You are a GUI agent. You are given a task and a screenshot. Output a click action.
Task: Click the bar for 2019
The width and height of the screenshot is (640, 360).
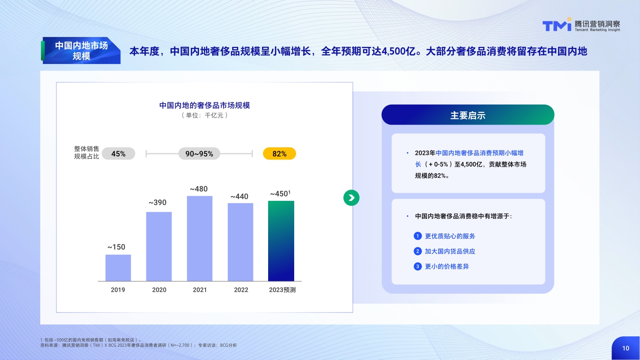click(118, 268)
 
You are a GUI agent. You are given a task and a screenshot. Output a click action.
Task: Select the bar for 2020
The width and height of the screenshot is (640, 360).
click(159, 246)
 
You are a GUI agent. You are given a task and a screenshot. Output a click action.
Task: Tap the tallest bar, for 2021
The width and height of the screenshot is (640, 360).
click(199, 238)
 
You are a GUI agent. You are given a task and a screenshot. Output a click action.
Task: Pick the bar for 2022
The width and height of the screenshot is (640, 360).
click(240, 242)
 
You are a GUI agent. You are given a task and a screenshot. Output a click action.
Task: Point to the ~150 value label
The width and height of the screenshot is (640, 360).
click(116, 247)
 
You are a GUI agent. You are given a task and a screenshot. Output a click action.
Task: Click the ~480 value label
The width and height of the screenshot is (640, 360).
click(198, 189)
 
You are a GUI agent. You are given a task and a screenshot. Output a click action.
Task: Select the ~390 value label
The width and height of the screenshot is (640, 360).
click(157, 203)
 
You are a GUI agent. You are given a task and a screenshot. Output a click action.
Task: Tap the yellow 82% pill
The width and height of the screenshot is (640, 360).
click(279, 153)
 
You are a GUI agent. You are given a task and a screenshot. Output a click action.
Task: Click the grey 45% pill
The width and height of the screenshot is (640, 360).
click(118, 153)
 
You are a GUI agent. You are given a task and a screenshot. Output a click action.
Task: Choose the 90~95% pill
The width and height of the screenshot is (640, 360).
click(199, 153)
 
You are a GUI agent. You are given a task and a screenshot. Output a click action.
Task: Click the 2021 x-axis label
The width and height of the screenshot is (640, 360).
click(200, 290)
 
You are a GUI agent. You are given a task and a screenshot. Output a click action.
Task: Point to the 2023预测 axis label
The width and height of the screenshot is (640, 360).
click(282, 290)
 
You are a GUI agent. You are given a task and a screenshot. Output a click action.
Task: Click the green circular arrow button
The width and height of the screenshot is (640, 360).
click(352, 198)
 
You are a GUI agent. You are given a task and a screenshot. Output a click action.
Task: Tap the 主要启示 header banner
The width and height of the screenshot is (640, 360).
click(468, 115)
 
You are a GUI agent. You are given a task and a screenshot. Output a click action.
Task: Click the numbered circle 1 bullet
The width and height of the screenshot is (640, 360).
click(417, 236)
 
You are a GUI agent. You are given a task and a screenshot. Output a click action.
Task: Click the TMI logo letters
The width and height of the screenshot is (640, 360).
click(557, 26)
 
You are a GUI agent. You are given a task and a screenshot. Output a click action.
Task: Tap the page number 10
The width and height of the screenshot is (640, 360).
click(626, 348)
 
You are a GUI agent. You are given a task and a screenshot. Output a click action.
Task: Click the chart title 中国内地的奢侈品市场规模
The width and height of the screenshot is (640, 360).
click(205, 105)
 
